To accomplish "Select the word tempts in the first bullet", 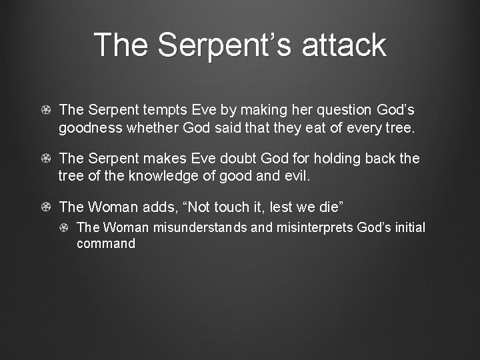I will click(159, 109).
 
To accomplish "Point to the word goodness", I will click(89, 127).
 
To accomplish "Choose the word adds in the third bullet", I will click(159, 208).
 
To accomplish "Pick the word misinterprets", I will click(315, 228).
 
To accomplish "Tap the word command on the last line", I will click(106, 243).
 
